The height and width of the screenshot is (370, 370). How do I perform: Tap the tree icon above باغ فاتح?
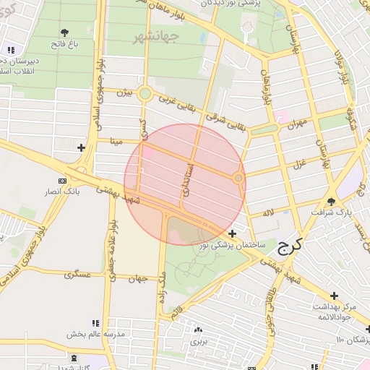64,33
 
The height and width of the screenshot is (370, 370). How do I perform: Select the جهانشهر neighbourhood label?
150,37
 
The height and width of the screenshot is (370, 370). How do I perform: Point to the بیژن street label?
126,92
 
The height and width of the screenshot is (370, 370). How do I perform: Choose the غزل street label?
298,165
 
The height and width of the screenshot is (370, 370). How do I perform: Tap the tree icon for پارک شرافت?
332,202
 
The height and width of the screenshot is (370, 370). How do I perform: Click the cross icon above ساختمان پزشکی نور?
232,233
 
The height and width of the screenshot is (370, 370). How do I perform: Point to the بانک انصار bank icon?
63,180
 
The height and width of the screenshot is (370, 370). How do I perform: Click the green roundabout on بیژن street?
145,93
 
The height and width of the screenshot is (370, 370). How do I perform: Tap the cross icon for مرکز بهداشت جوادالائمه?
334,296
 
